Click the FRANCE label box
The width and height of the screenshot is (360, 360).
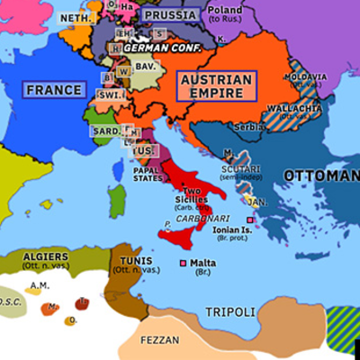pos(55,90)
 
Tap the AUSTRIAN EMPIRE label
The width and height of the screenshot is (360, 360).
pos(215,86)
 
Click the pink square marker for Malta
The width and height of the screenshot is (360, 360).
pos(183,263)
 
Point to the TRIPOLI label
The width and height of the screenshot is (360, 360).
pos(231,311)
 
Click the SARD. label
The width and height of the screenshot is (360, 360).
pos(105,130)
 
